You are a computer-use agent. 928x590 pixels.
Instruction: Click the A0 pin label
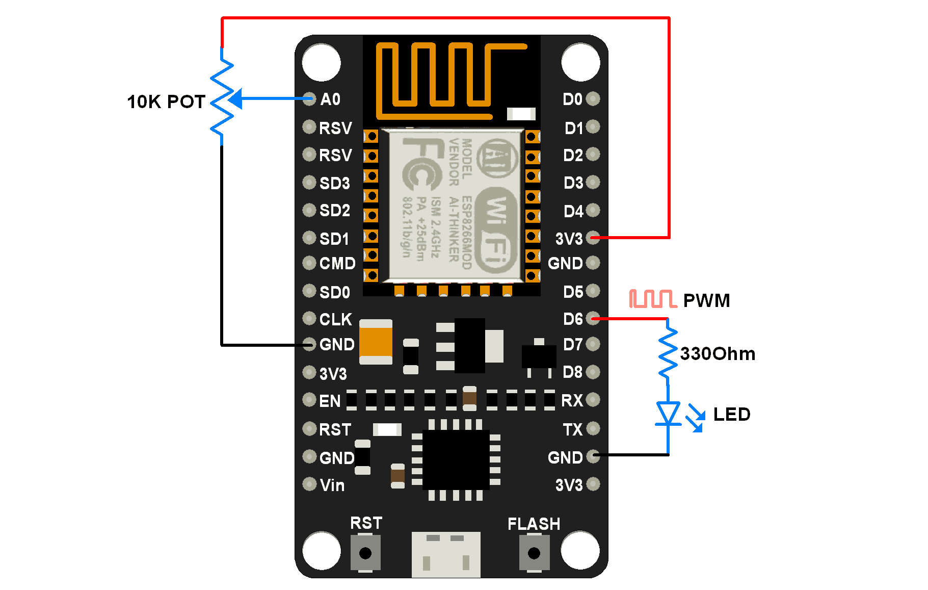tap(330, 99)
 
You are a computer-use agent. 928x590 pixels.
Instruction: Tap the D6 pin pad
tap(593, 318)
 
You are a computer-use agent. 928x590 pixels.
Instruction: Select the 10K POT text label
tap(166, 102)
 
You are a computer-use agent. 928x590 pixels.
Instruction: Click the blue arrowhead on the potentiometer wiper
tap(235, 99)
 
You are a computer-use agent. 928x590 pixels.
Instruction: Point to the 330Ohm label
tap(717, 353)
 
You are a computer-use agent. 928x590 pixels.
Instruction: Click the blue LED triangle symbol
tap(668, 413)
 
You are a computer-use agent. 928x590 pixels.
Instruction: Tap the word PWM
tap(706, 300)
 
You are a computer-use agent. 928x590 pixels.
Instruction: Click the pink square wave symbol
tap(652, 299)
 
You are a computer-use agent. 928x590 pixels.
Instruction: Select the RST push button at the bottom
tap(365, 553)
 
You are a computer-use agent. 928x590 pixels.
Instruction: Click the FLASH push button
tap(534, 553)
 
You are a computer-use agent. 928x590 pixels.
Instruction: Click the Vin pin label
tap(332, 485)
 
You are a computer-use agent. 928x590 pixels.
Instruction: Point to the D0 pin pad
tap(593, 98)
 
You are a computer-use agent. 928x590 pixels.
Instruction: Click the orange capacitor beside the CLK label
tap(376, 342)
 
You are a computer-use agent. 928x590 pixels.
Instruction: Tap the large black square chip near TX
tap(456, 459)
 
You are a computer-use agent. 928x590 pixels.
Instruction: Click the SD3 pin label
tap(334, 183)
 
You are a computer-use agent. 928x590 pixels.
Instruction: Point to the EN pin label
tap(329, 401)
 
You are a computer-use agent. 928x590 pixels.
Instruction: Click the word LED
tap(731, 414)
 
